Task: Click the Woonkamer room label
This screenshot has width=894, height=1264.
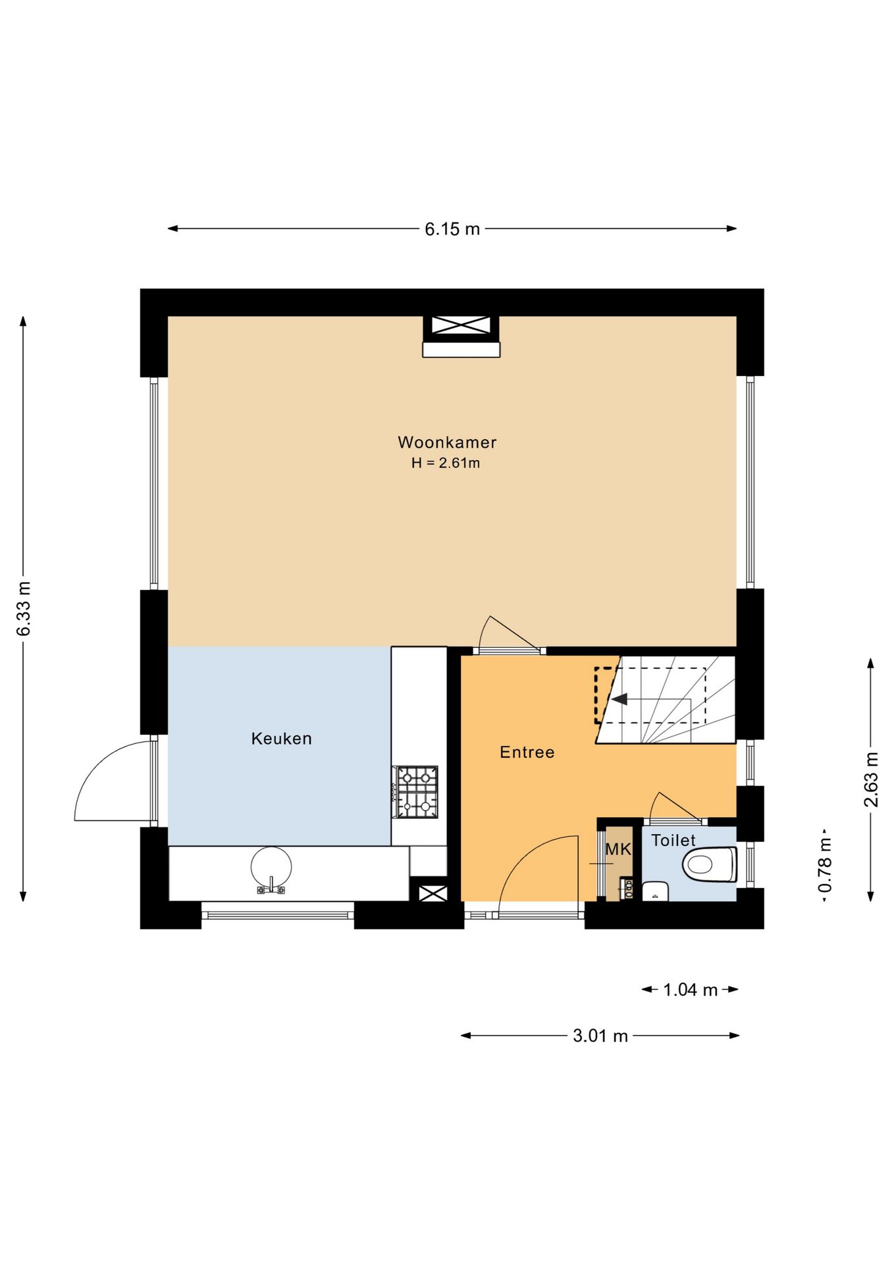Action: [x=447, y=442]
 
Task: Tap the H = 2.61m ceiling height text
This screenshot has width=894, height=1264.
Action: [x=446, y=463]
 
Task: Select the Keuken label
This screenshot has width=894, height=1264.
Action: [x=282, y=739]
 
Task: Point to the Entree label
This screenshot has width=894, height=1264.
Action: [x=527, y=752]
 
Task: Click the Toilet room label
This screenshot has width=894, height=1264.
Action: [x=673, y=841]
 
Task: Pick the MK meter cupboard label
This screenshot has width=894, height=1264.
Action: [x=618, y=850]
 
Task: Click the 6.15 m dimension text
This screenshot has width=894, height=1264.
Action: [x=452, y=229]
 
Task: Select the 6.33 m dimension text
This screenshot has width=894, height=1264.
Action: [x=24, y=609]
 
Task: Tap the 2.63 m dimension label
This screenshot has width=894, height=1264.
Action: [x=871, y=779]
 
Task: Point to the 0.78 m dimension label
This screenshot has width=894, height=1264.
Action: [x=825, y=865]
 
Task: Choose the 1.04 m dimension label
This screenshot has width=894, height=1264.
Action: [x=690, y=990]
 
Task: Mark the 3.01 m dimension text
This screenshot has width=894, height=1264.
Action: [x=600, y=1036]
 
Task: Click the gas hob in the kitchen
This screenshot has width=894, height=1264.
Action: [x=416, y=792]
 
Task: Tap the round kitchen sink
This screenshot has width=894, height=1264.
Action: [x=271, y=866]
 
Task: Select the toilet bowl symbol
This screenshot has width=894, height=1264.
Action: [x=710, y=864]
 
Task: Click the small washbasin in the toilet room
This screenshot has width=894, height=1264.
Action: [x=656, y=891]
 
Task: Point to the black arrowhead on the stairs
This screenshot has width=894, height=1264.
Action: [x=619, y=699]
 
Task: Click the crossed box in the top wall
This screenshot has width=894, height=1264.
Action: [x=461, y=325]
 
